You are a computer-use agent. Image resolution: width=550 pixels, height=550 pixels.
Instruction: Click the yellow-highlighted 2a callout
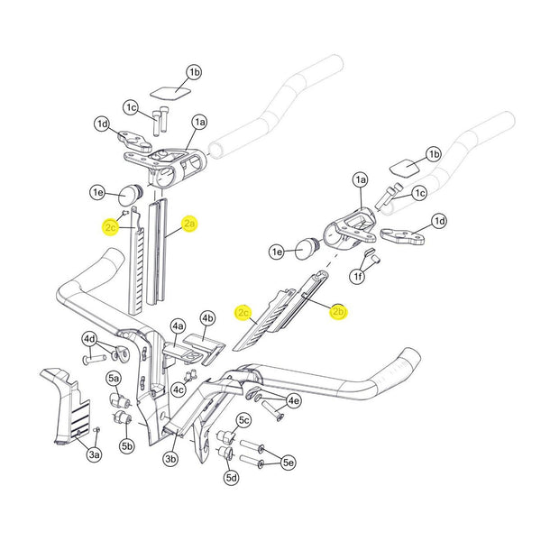click(x=189, y=225)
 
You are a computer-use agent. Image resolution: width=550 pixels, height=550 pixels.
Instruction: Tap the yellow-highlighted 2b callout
click(x=339, y=313)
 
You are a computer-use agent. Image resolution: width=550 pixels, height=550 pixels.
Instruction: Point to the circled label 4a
click(x=178, y=325)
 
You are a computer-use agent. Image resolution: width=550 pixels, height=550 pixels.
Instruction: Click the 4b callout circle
click(x=207, y=318)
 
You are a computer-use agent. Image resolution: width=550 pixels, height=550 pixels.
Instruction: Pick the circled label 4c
click(x=179, y=390)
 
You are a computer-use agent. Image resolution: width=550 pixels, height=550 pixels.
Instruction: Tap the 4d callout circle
click(x=89, y=339)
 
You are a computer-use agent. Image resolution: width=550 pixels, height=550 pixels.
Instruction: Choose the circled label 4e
click(x=293, y=400)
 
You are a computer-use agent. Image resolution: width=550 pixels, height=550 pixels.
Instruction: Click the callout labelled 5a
click(x=114, y=378)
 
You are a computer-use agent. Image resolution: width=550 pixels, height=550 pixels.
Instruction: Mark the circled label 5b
click(x=127, y=445)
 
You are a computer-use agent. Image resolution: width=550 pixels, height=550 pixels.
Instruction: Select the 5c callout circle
click(x=243, y=420)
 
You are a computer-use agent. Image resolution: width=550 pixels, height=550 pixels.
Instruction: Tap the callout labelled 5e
click(x=288, y=463)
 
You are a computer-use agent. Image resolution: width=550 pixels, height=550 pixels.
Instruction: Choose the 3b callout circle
click(x=170, y=460)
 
